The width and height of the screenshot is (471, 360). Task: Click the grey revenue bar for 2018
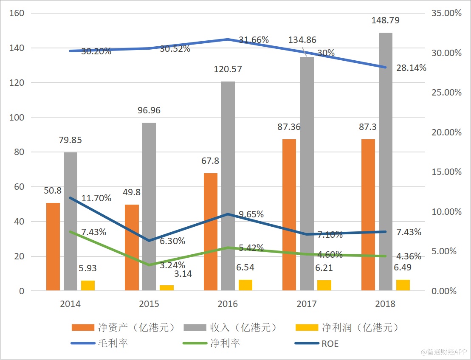(386, 161)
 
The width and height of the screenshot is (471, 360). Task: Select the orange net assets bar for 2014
(53, 247)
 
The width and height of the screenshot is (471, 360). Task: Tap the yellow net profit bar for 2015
(166, 288)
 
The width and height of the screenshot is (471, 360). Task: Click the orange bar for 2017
(289, 215)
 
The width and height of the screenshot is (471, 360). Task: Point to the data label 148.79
(385, 20)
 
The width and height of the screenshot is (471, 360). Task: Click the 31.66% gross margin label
(254, 40)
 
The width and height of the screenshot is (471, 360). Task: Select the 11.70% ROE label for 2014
(96, 198)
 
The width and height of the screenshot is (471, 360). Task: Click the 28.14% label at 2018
(411, 68)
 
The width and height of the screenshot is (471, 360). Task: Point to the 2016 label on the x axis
(228, 304)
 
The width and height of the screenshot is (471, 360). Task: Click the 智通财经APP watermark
(443, 352)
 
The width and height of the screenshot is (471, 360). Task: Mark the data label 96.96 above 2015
(149, 111)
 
